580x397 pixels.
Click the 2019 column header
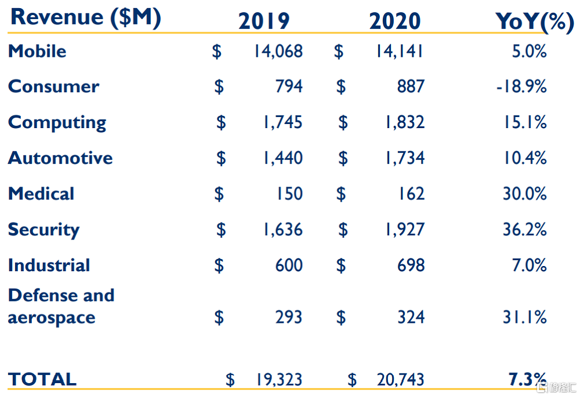[x=264, y=21]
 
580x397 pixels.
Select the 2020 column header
[x=395, y=21]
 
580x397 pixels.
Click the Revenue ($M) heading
[x=85, y=17]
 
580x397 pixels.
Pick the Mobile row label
[x=37, y=51]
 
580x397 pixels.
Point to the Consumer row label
[x=53, y=86]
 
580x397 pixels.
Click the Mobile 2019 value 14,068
[x=278, y=51]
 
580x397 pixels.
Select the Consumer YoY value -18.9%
[x=521, y=86]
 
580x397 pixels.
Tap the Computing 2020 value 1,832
[x=405, y=122]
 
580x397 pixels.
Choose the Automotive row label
[x=60, y=158]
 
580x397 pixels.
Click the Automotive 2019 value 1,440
[x=282, y=158]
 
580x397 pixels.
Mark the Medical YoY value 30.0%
[x=524, y=194]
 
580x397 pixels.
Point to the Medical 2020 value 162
[x=411, y=194]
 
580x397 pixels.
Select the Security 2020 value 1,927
[x=405, y=230]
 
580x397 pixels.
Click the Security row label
[x=43, y=230]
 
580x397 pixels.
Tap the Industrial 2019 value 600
[x=289, y=265]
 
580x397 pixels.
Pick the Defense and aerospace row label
[x=61, y=306]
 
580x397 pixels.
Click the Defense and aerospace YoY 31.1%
[x=524, y=317]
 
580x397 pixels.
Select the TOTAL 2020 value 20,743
[x=400, y=380]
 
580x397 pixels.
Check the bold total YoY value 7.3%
[x=528, y=380]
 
